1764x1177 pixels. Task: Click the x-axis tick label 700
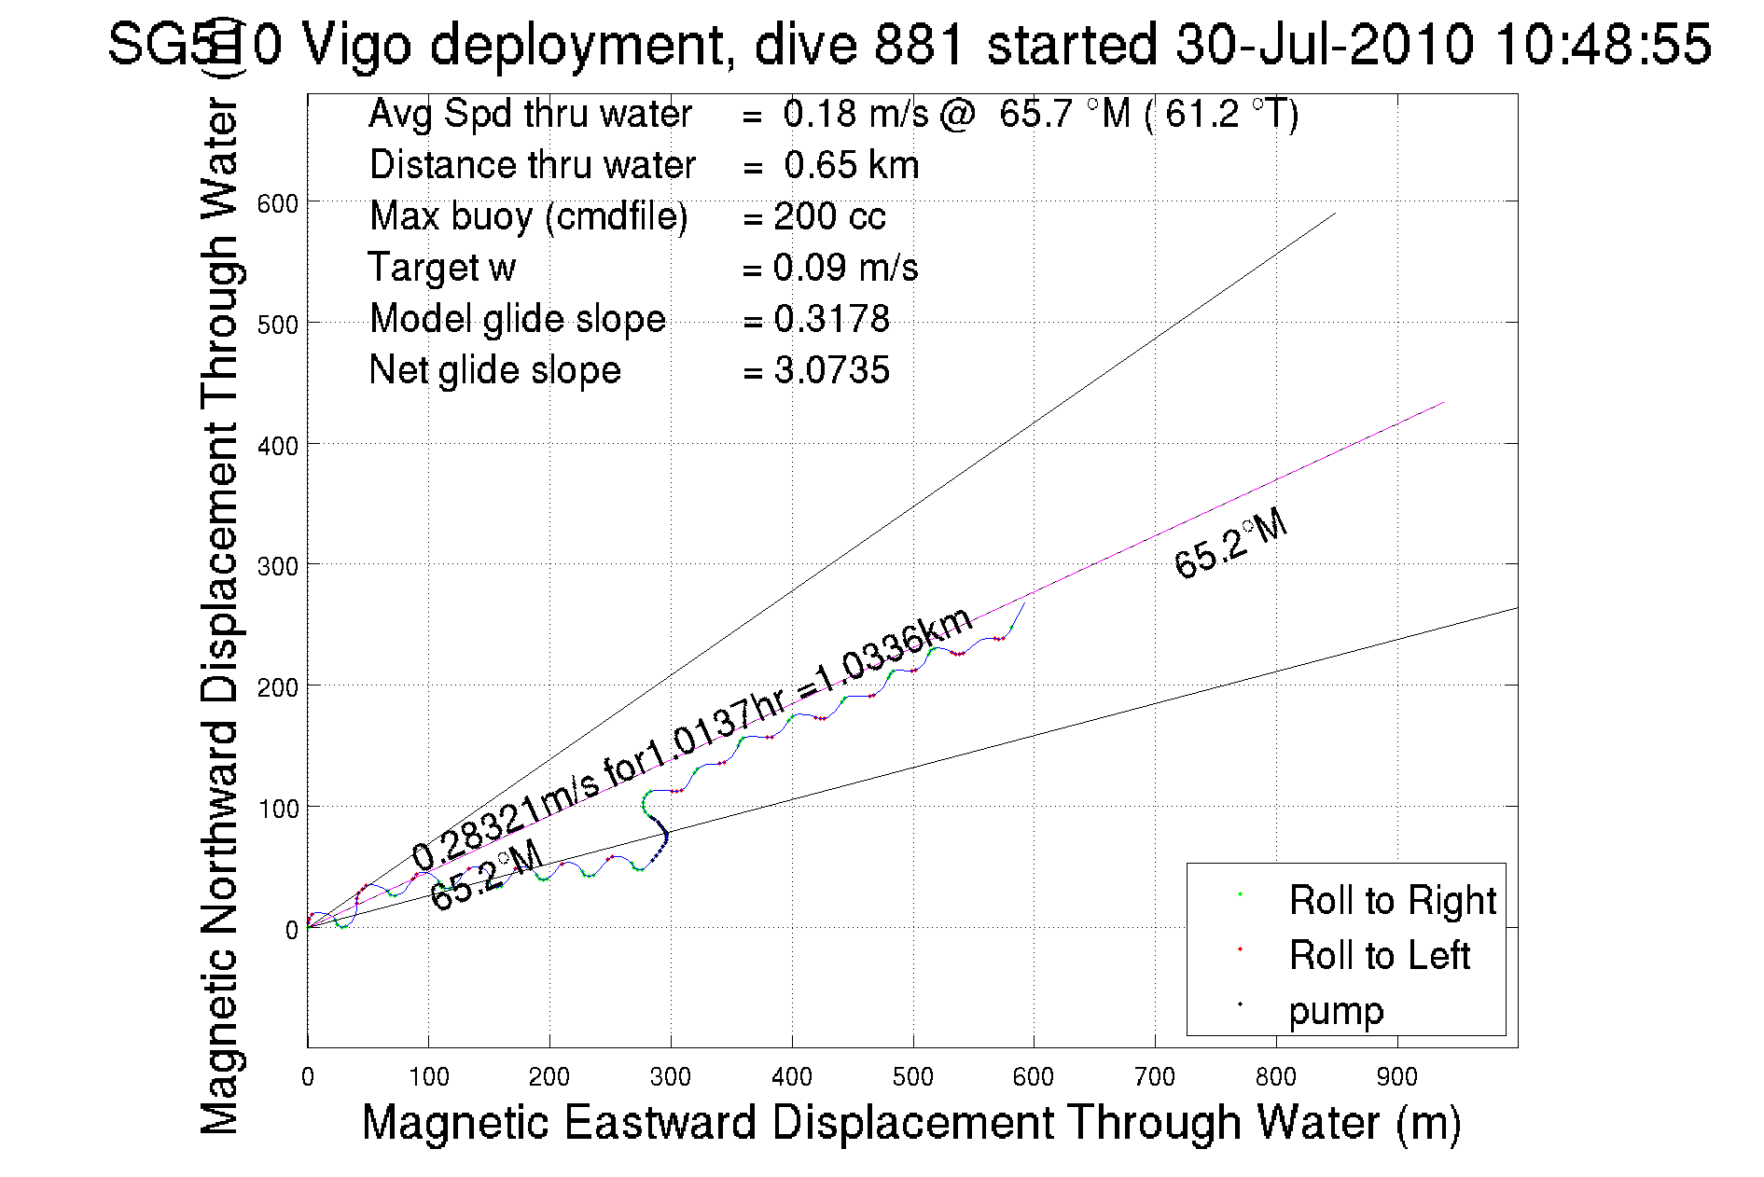coord(1154,1077)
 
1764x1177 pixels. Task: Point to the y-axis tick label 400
coord(277,446)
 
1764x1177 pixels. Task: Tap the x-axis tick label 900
coord(1396,1077)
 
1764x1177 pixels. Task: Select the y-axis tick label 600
coord(277,203)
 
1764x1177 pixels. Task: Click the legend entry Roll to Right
coord(1392,900)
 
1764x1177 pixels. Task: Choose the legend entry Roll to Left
coord(1379,955)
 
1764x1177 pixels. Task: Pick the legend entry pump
coord(1336,1010)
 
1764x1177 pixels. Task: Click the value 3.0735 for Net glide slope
coord(831,370)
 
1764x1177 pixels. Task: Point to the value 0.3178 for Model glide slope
coord(831,319)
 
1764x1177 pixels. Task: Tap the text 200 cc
coord(829,216)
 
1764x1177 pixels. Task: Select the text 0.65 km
coord(851,165)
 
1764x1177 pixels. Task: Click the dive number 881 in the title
coord(918,44)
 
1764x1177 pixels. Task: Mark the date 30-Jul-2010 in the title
coord(1324,44)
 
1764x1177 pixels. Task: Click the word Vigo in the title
coord(356,44)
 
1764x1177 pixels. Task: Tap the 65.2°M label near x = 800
coord(1230,546)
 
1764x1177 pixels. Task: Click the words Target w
coord(441,268)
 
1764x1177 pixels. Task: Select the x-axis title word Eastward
coord(659,1122)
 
